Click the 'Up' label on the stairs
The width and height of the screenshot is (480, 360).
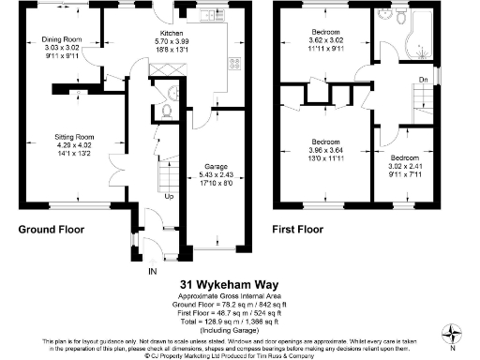click(170, 198)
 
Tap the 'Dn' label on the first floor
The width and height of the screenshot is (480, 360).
click(423, 80)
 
